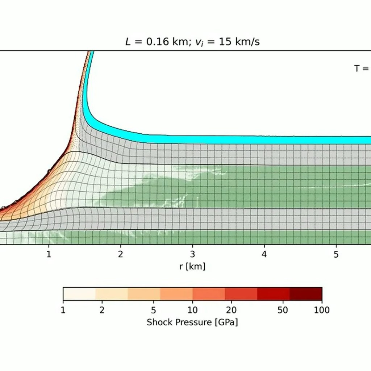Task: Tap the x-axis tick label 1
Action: [x=49, y=254]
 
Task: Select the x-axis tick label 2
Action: [x=121, y=254]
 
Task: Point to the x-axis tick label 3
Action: [x=193, y=254]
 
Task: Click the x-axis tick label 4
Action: [x=264, y=254]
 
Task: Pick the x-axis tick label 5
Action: [x=336, y=254]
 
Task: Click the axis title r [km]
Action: [x=192, y=267]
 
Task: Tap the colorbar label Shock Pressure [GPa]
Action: [x=192, y=322]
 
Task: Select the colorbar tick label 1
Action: [x=63, y=310]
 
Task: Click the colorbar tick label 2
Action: [x=102, y=310]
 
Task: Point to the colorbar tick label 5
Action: [x=154, y=310]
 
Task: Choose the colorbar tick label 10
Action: [x=193, y=310]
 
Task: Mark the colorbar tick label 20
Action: [x=232, y=310]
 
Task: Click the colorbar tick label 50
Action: [x=283, y=310]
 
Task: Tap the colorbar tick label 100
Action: [x=322, y=310]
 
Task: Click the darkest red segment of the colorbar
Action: [x=306, y=294]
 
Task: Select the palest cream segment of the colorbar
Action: [x=79, y=294]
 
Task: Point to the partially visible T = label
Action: [x=362, y=68]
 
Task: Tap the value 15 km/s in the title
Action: [x=239, y=42]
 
